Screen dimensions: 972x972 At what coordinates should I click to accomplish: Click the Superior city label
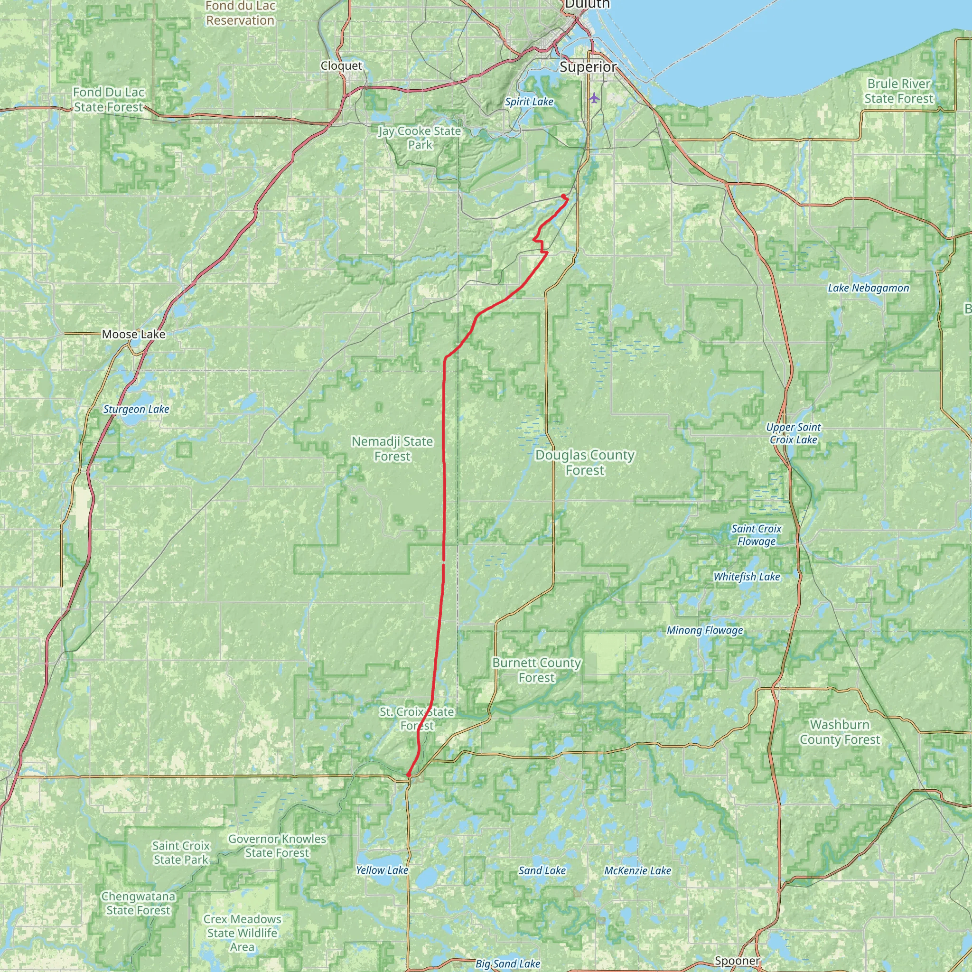pos(588,67)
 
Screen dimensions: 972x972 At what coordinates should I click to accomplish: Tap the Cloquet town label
pos(342,66)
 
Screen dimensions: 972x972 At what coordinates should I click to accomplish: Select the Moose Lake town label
pos(133,335)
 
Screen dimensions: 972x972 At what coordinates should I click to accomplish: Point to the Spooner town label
pos(737,961)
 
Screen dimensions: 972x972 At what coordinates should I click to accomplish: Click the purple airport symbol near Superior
pos(595,98)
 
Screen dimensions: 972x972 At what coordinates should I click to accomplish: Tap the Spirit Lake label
pos(529,102)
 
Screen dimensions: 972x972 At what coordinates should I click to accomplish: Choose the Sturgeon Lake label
pos(136,410)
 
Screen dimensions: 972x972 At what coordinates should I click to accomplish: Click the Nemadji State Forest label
pos(392,449)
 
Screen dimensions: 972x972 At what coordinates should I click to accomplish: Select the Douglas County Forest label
pos(585,462)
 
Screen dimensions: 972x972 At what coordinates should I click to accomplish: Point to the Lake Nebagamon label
pos(869,288)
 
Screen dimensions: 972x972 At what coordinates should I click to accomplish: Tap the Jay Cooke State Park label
pos(420,138)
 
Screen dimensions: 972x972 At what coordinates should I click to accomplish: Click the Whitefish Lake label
pos(747,577)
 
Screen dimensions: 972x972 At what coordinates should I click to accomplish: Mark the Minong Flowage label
pos(704,630)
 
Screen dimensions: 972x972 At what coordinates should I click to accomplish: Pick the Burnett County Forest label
pos(537,670)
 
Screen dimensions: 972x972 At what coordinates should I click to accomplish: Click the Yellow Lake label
pos(382,870)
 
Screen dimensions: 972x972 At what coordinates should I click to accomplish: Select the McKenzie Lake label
pos(637,870)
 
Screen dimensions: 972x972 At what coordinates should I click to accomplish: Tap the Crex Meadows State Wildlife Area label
pos(242,933)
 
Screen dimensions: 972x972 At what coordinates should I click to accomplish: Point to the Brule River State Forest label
pos(898,91)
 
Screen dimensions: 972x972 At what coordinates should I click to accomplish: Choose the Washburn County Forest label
pos(840,732)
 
